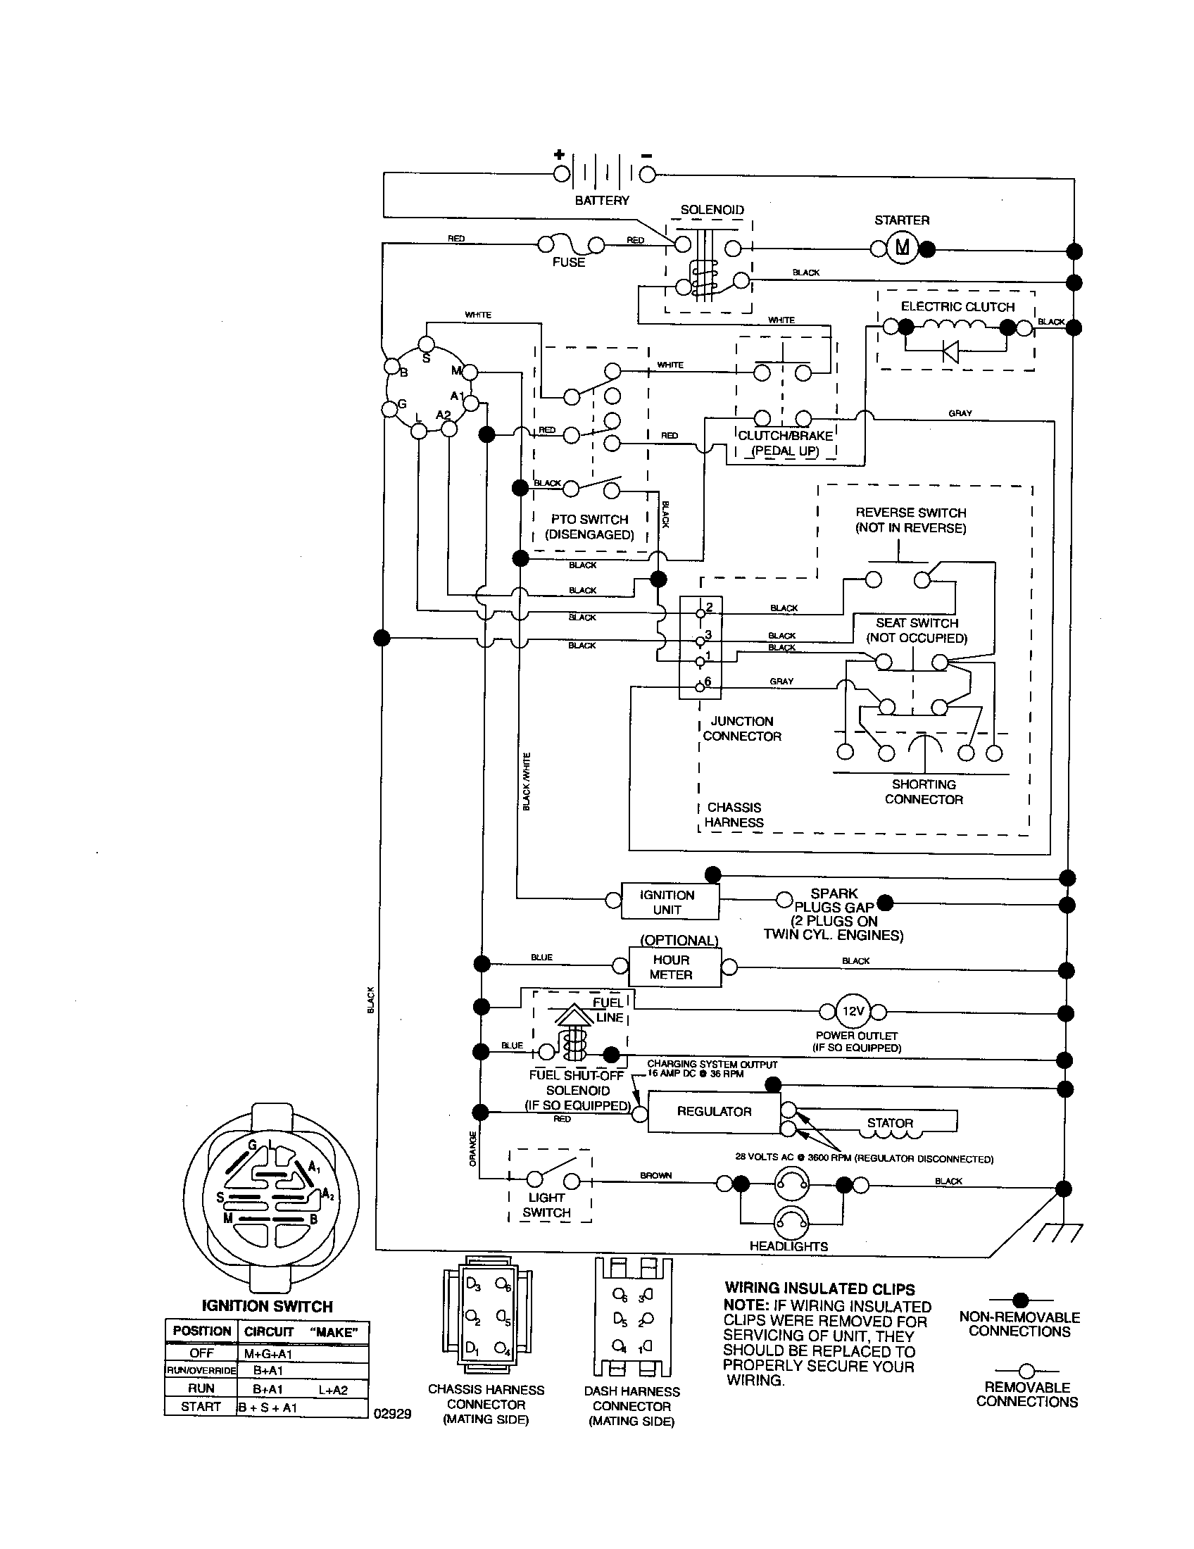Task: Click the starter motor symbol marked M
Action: [903, 248]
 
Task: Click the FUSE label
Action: [569, 262]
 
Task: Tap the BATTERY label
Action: [602, 201]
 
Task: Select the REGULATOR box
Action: [713, 1111]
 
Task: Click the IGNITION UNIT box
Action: [670, 901]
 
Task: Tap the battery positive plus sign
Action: [560, 155]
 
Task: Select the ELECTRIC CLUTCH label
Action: [957, 306]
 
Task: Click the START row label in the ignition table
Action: [201, 1406]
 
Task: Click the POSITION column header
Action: [201, 1331]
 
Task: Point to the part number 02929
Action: [392, 1414]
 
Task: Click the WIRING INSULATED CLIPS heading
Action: [819, 1289]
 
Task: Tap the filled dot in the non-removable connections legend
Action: [1020, 1300]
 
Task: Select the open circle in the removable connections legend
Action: [1026, 1371]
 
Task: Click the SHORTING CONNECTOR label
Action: [923, 791]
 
